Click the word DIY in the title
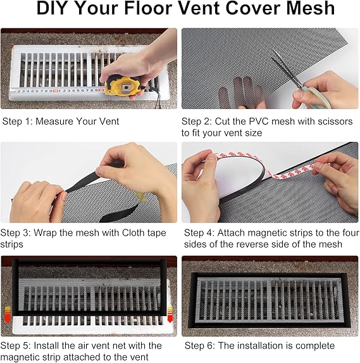coord(53,8)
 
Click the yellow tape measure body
coord(123,86)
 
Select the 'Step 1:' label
coord(18,121)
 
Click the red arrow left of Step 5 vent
coord(8,314)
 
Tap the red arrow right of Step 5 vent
coord(170,314)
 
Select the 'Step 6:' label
coord(200,346)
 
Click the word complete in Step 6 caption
coord(315,346)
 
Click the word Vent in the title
coord(199,8)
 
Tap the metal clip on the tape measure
coord(125,87)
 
